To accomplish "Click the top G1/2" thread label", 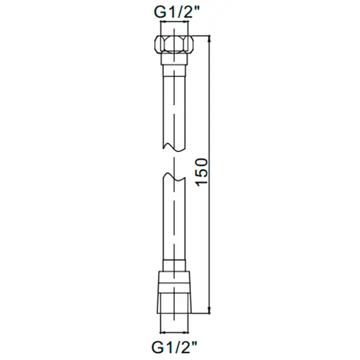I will click(x=174, y=12).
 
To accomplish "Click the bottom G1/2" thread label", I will click(x=174, y=346).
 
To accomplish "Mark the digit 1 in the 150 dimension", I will click(x=201, y=184).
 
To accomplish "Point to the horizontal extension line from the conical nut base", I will click(x=199, y=313).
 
